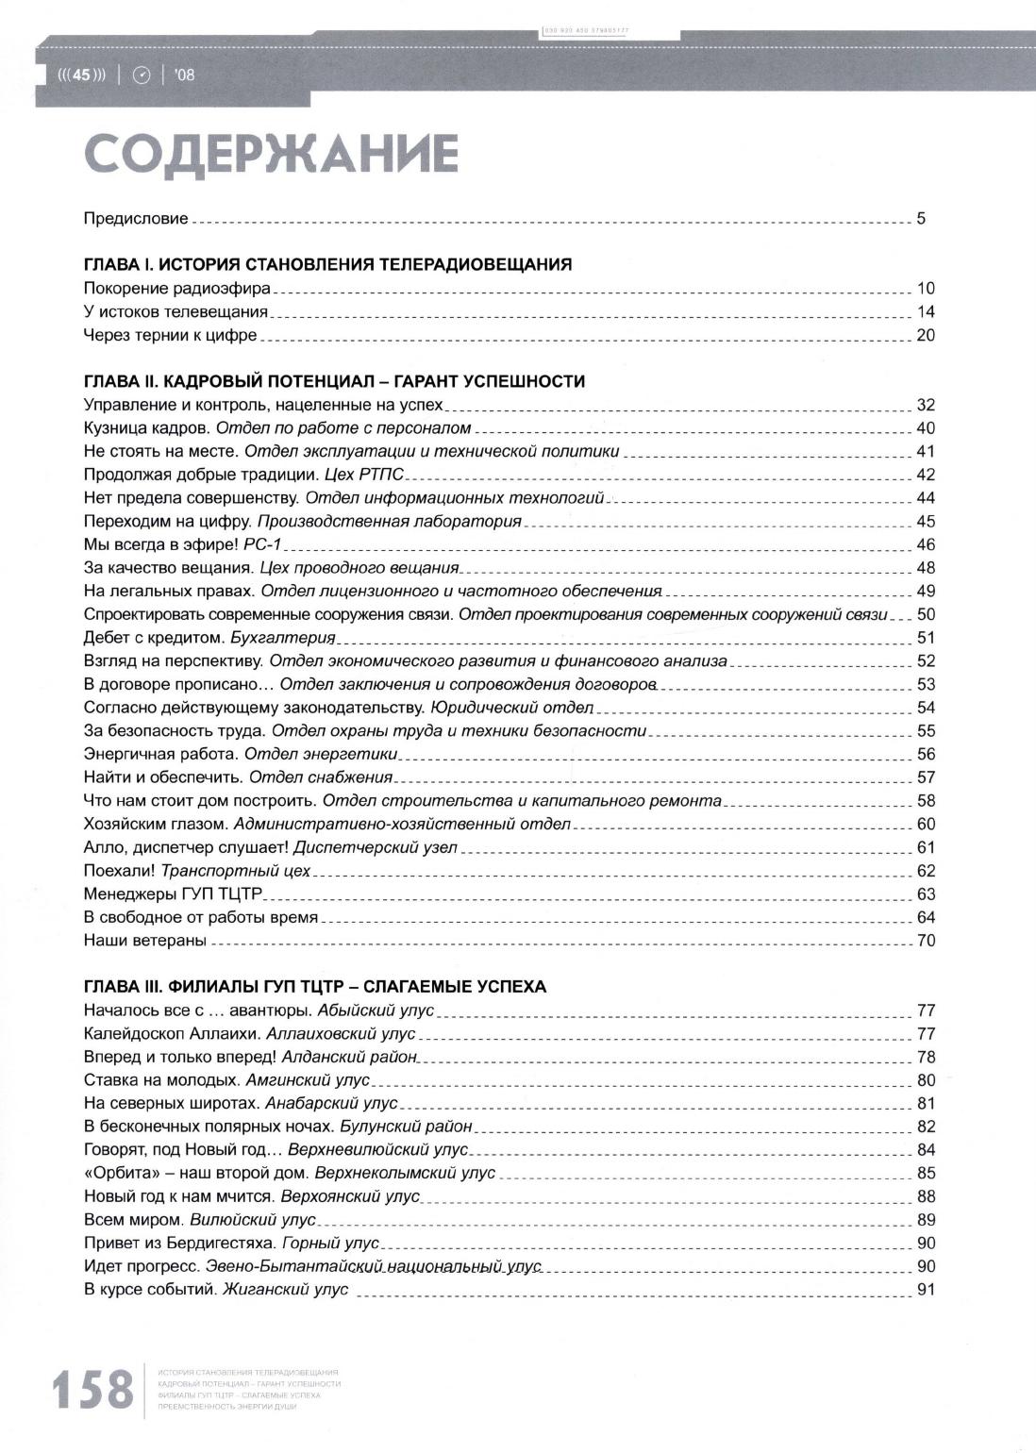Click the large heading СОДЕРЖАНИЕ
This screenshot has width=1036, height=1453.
click(271, 156)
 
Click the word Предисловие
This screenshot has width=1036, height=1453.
click(136, 219)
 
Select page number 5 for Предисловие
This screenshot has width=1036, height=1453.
click(921, 219)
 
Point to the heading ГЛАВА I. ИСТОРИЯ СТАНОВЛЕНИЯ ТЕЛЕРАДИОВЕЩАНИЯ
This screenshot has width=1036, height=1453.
click(327, 265)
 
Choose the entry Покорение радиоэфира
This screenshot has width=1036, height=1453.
click(176, 289)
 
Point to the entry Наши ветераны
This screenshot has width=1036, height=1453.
click(144, 941)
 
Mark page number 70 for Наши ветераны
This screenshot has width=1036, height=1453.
click(925, 941)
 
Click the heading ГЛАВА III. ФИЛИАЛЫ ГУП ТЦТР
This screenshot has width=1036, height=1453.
click(315, 987)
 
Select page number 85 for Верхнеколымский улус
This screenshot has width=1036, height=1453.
click(925, 1174)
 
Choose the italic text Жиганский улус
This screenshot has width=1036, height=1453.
click(286, 1290)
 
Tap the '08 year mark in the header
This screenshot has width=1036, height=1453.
click(184, 75)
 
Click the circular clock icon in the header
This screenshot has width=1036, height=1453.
click(142, 75)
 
